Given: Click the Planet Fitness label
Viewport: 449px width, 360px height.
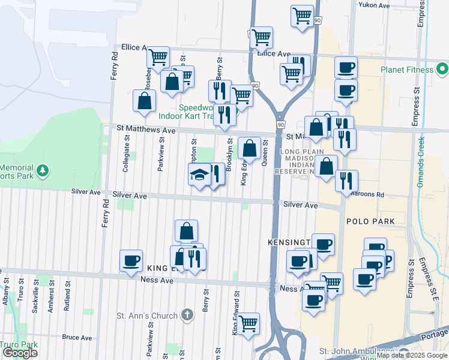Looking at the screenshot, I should pos(406,70).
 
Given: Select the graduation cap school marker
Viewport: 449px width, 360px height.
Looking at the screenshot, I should pos(200,175).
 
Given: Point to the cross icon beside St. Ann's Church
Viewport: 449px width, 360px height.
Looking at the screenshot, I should pos(187,315).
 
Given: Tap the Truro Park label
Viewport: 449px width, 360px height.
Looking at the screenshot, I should pos(19,345).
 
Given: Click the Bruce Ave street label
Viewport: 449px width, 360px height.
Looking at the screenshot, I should pos(77,338).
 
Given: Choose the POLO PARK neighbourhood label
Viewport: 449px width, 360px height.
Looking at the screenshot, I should pos(370,221).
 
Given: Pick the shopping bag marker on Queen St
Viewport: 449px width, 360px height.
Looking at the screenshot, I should pos(249,148).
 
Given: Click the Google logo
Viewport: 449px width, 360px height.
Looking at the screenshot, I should pos(20,353).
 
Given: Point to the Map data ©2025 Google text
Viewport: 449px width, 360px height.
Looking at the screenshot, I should pos(412,355).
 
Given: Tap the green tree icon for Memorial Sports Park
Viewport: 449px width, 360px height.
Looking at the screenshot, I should pos(42,171).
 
